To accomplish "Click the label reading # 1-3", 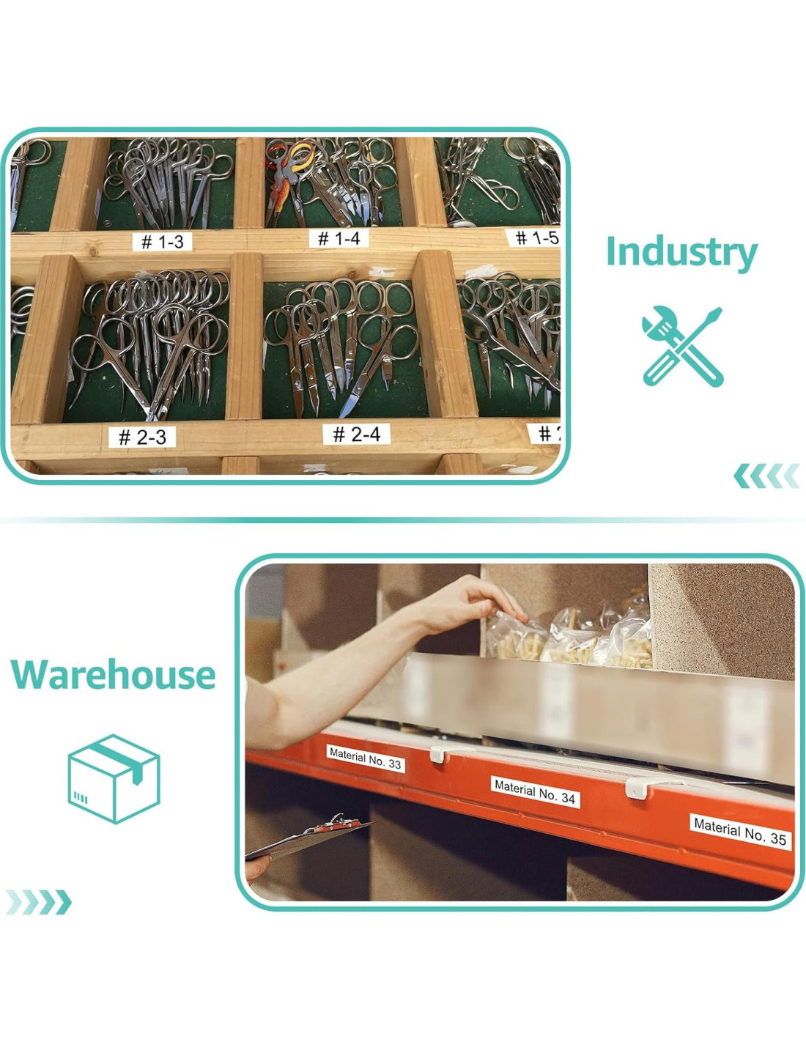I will pyautogui.click(x=162, y=241).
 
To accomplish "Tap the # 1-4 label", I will pyautogui.click(x=339, y=238).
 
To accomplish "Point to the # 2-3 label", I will pyautogui.click(x=142, y=437).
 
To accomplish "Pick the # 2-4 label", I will pyautogui.click(x=356, y=435).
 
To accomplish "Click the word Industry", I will pyautogui.click(x=681, y=252).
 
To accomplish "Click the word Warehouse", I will pyautogui.click(x=114, y=675).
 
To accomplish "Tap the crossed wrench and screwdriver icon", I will pyautogui.click(x=682, y=347).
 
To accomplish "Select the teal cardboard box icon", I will pyautogui.click(x=114, y=778).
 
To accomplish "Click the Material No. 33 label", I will pyautogui.click(x=365, y=758).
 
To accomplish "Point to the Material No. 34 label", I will pyautogui.click(x=535, y=791).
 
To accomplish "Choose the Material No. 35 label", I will pyautogui.click(x=739, y=832).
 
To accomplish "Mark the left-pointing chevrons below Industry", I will pyautogui.click(x=766, y=476).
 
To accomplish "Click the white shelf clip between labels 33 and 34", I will pyautogui.click(x=440, y=753).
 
